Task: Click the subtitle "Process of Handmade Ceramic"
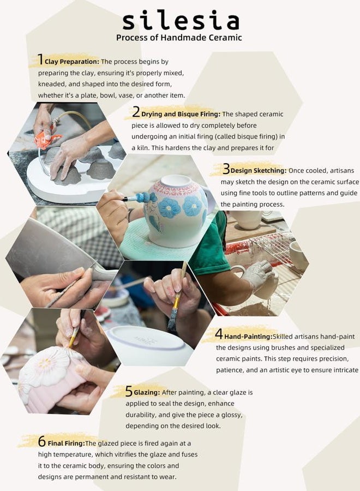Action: tap(179, 38)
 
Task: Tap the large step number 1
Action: tap(40, 59)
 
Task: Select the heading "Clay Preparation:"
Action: tap(72, 62)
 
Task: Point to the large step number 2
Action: tap(136, 112)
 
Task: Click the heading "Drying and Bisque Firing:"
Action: tap(181, 115)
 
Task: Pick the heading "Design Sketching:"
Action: tap(259, 171)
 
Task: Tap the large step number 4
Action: tap(219, 334)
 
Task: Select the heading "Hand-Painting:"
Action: tap(248, 337)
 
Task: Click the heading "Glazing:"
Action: tap(147, 392)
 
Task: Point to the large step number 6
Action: tap(42, 441)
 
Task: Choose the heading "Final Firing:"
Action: tap(67, 444)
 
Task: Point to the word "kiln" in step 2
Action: tap(143, 148)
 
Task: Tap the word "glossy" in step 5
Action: tap(231, 415)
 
